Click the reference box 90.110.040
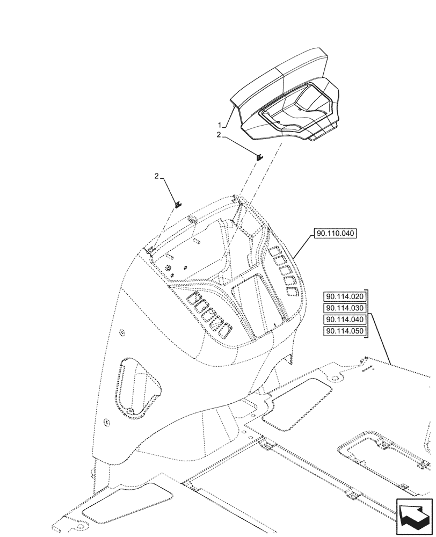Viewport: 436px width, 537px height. [x=333, y=234]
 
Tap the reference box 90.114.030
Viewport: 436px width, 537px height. [x=344, y=308]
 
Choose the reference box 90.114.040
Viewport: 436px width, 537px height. [x=344, y=320]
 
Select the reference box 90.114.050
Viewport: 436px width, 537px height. [x=344, y=332]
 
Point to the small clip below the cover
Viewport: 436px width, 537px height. [x=259, y=157]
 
